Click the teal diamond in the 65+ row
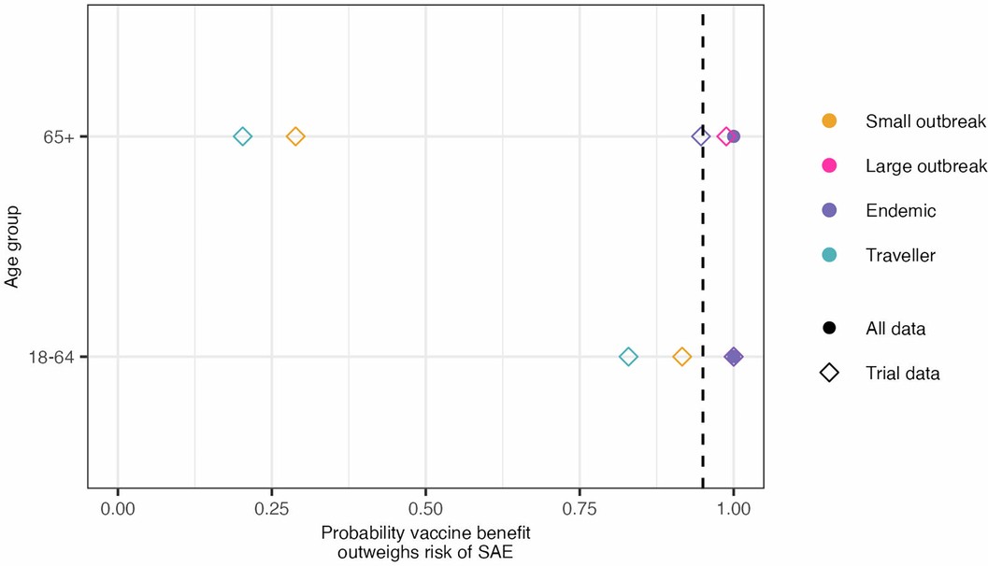(242, 136)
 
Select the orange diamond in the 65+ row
(295, 136)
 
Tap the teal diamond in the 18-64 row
(629, 357)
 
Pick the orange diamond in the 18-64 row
(682, 357)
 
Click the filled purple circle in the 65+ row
(734, 136)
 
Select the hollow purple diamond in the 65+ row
(700, 136)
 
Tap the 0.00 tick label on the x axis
(118, 510)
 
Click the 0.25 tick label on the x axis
(271, 510)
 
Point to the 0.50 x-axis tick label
(425, 510)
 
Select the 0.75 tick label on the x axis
(580, 510)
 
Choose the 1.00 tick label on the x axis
(734, 510)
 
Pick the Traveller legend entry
(900, 255)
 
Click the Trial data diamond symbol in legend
(829, 374)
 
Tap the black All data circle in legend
(829, 329)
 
